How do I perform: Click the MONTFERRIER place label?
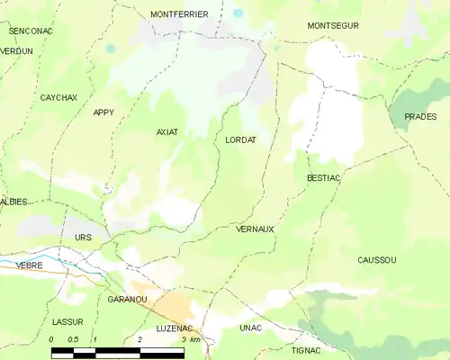[179, 14]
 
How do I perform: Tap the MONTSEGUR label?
[332, 25]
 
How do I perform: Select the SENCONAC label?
[31, 31]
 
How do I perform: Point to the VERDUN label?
[16, 51]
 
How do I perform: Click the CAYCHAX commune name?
[59, 96]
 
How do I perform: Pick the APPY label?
[103, 112]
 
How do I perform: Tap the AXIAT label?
[167, 131]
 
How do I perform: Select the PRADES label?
[420, 117]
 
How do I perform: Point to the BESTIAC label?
[323, 178]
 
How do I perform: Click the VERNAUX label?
[255, 229]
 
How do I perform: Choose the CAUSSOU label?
[376, 259]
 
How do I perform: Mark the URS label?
[84, 237]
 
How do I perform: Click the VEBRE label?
[30, 265]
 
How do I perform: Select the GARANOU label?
[127, 299]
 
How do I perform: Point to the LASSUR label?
[67, 321]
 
